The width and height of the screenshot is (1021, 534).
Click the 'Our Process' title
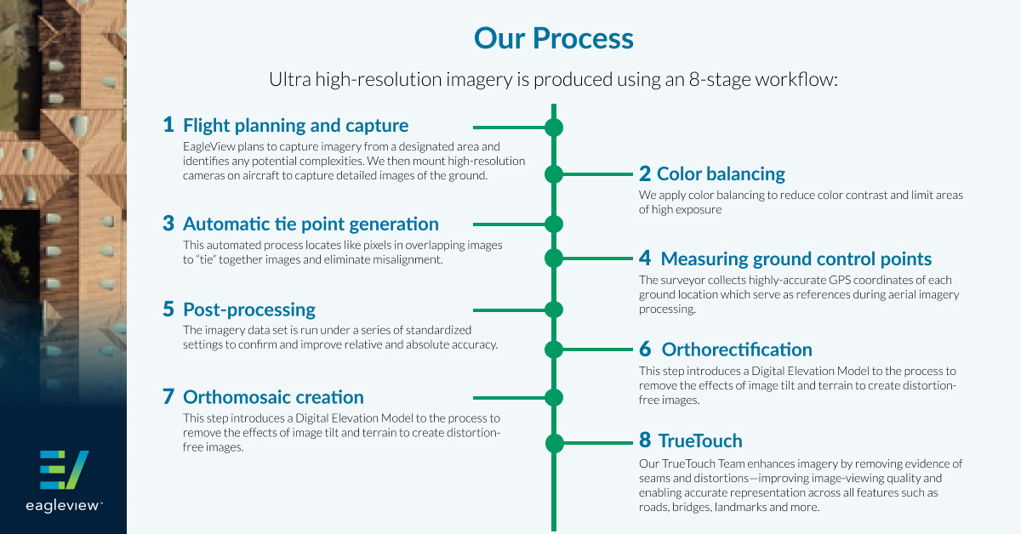pos(553,39)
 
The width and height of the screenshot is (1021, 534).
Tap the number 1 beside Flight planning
pos(168,126)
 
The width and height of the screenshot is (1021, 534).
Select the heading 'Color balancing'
pos(721,174)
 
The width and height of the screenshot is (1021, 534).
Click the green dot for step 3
pos(554,224)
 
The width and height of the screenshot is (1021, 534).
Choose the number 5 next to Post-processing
pos(168,310)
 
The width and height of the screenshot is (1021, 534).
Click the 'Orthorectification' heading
pos(736,349)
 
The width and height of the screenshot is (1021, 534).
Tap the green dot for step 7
pos(554,397)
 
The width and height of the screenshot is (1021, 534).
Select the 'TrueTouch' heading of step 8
pos(700,440)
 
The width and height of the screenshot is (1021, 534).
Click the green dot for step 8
pos(554,442)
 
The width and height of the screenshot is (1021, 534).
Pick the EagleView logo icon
pos(64,470)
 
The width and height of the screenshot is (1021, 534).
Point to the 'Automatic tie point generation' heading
pos(311,224)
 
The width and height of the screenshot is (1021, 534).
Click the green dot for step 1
pos(554,128)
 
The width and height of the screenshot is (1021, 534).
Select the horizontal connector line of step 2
pos(596,174)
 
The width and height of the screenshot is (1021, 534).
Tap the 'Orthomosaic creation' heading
pos(273,397)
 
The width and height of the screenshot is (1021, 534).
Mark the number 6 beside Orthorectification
pos(645,349)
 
